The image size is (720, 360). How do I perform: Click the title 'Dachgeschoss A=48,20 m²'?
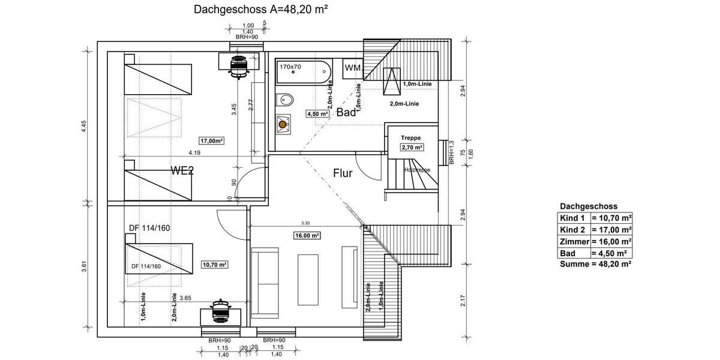(260, 10)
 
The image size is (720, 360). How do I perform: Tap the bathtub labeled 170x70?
(304, 73)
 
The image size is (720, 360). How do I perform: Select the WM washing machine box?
(353, 68)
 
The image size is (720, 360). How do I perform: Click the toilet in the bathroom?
(286, 100)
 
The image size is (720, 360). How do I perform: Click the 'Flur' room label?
(343, 173)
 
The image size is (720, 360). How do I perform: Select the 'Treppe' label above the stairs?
(411, 138)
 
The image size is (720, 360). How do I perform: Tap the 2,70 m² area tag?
(412, 147)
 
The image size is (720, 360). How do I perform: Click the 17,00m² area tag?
(212, 140)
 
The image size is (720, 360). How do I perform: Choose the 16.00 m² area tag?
(307, 235)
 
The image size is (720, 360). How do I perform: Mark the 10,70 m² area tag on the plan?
(215, 264)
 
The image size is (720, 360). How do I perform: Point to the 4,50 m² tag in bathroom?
(317, 113)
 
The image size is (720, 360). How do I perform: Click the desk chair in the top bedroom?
(239, 66)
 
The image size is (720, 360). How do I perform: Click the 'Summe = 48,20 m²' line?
(595, 264)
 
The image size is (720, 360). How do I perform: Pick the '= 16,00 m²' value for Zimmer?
(611, 241)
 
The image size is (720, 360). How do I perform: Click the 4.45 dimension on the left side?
(85, 126)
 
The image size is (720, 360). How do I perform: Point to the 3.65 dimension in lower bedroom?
(185, 298)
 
